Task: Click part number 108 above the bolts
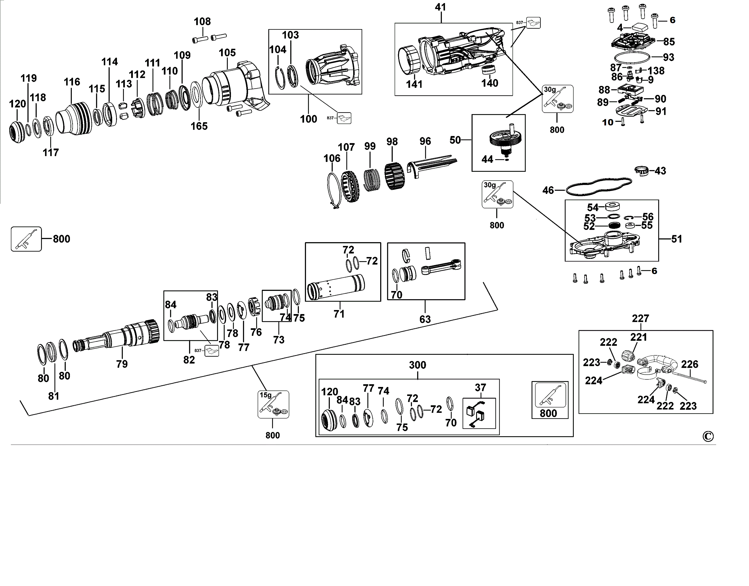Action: click(202, 22)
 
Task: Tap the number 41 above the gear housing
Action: click(440, 7)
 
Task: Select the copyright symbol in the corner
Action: click(708, 436)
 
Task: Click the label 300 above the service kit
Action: click(417, 365)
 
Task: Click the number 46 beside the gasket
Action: click(548, 191)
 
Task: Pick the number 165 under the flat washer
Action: click(199, 126)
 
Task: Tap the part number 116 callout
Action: click(72, 82)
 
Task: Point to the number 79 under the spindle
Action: click(122, 364)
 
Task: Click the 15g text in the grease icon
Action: click(265, 395)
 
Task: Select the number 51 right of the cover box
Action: click(676, 239)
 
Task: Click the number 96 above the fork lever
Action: click(425, 141)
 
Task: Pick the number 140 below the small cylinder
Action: click(489, 83)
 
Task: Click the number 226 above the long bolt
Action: click(689, 364)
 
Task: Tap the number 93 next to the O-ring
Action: click(668, 57)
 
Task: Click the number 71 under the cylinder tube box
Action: click(339, 314)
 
